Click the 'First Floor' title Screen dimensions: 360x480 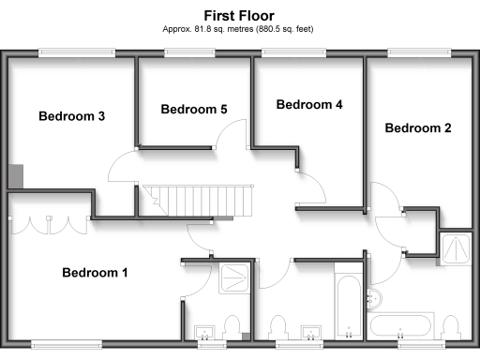coord(239,15)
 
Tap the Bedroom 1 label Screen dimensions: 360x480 coord(95,273)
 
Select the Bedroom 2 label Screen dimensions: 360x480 coord(418,127)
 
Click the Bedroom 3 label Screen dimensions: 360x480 coord(71,116)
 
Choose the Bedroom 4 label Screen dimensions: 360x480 coord(309,105)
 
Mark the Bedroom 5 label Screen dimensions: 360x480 coord(194,110)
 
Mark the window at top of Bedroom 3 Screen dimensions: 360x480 coord(71,53)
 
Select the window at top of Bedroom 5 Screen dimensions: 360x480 coord(194,53)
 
